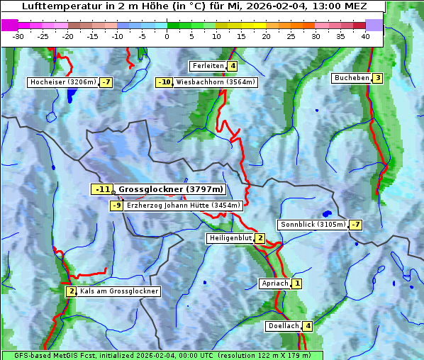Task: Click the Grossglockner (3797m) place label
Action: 170,189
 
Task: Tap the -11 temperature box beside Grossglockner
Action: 102,189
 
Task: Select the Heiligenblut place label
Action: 230,238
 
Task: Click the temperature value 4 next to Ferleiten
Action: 233,66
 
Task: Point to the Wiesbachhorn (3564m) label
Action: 215,82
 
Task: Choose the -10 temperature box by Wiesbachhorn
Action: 164,82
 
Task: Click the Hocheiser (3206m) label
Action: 62,82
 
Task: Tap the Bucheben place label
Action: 352,78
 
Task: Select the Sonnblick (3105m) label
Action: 313,225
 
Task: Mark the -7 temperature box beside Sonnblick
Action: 356,225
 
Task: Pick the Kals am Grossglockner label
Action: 118,291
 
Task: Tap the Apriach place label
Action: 275,283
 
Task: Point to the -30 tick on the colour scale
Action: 18,36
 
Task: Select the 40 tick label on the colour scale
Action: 365,36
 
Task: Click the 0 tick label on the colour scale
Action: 167,36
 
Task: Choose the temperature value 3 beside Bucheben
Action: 378,78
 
